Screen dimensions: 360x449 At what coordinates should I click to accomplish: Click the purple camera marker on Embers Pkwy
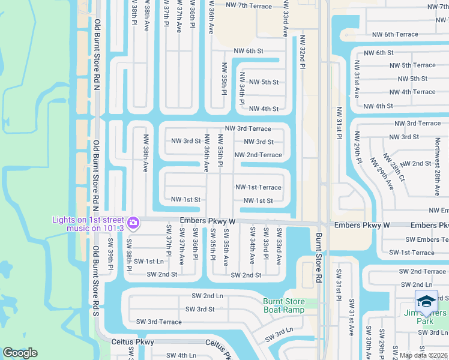pos(133,224)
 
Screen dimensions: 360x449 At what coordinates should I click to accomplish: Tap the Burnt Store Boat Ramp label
pos(283,305)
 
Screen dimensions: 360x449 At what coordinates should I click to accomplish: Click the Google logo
pos(20,353)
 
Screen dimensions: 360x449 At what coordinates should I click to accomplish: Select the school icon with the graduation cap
pos(426,301)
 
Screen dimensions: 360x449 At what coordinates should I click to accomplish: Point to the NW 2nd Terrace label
pos(258,155)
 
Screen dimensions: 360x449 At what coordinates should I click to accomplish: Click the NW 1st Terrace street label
pos(258,187)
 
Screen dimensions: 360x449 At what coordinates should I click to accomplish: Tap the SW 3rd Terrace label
pos(158,322)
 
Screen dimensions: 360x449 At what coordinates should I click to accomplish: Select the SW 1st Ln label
pos(148,261)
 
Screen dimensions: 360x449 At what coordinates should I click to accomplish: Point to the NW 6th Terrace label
pos(395,35)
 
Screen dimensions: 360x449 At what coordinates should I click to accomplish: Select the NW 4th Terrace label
pos(412,92)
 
